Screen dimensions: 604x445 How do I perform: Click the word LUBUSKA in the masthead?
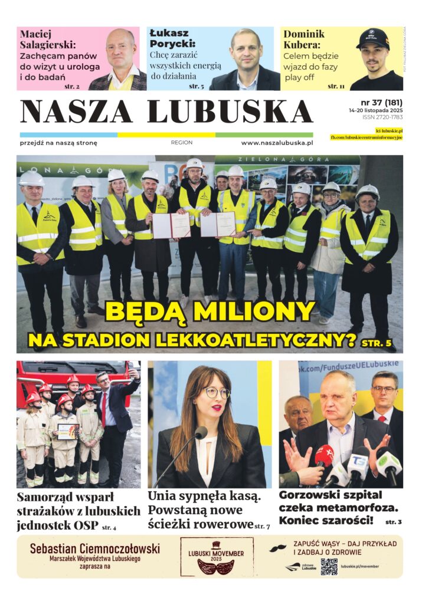(230, 111)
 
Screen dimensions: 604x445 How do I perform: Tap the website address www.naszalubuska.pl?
(277, 143)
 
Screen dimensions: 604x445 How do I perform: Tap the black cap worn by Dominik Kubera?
(373, 40)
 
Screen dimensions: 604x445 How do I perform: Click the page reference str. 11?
(336, 86)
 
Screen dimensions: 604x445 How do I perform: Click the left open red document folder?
(171, 225)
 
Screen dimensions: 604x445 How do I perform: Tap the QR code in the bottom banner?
(329, 567)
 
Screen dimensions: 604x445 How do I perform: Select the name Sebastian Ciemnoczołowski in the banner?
(95, 549)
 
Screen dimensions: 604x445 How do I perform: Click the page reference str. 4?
(109, 527)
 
